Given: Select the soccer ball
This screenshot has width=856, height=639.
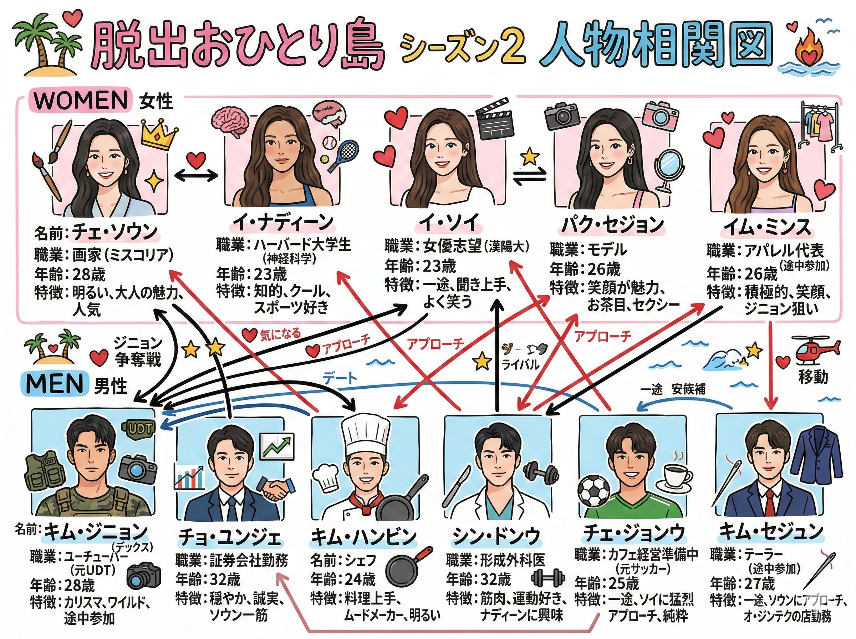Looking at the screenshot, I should (594, 491).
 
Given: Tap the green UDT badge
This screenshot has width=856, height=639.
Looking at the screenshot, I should (138, 427).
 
